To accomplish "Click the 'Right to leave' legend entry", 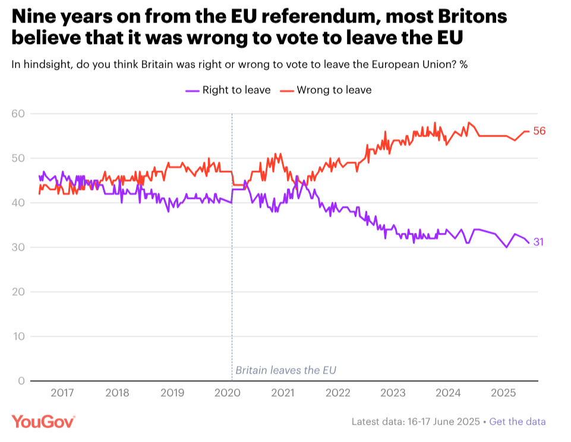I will coord(228,90).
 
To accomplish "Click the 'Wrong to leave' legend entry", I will coord(326,90).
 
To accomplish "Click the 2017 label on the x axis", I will coord(62,393).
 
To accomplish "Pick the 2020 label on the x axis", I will coord(228,393).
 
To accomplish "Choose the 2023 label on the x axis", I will coord(393,393).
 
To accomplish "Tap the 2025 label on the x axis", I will coord(503,393).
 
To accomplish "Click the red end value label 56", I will coord(539,131).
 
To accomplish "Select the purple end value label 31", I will coord(538,242).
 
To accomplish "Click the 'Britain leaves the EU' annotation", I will coord(286,370).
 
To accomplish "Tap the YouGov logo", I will coord(43,421).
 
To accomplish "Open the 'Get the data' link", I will coord(518,422).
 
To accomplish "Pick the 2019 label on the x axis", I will coord(172,393).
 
